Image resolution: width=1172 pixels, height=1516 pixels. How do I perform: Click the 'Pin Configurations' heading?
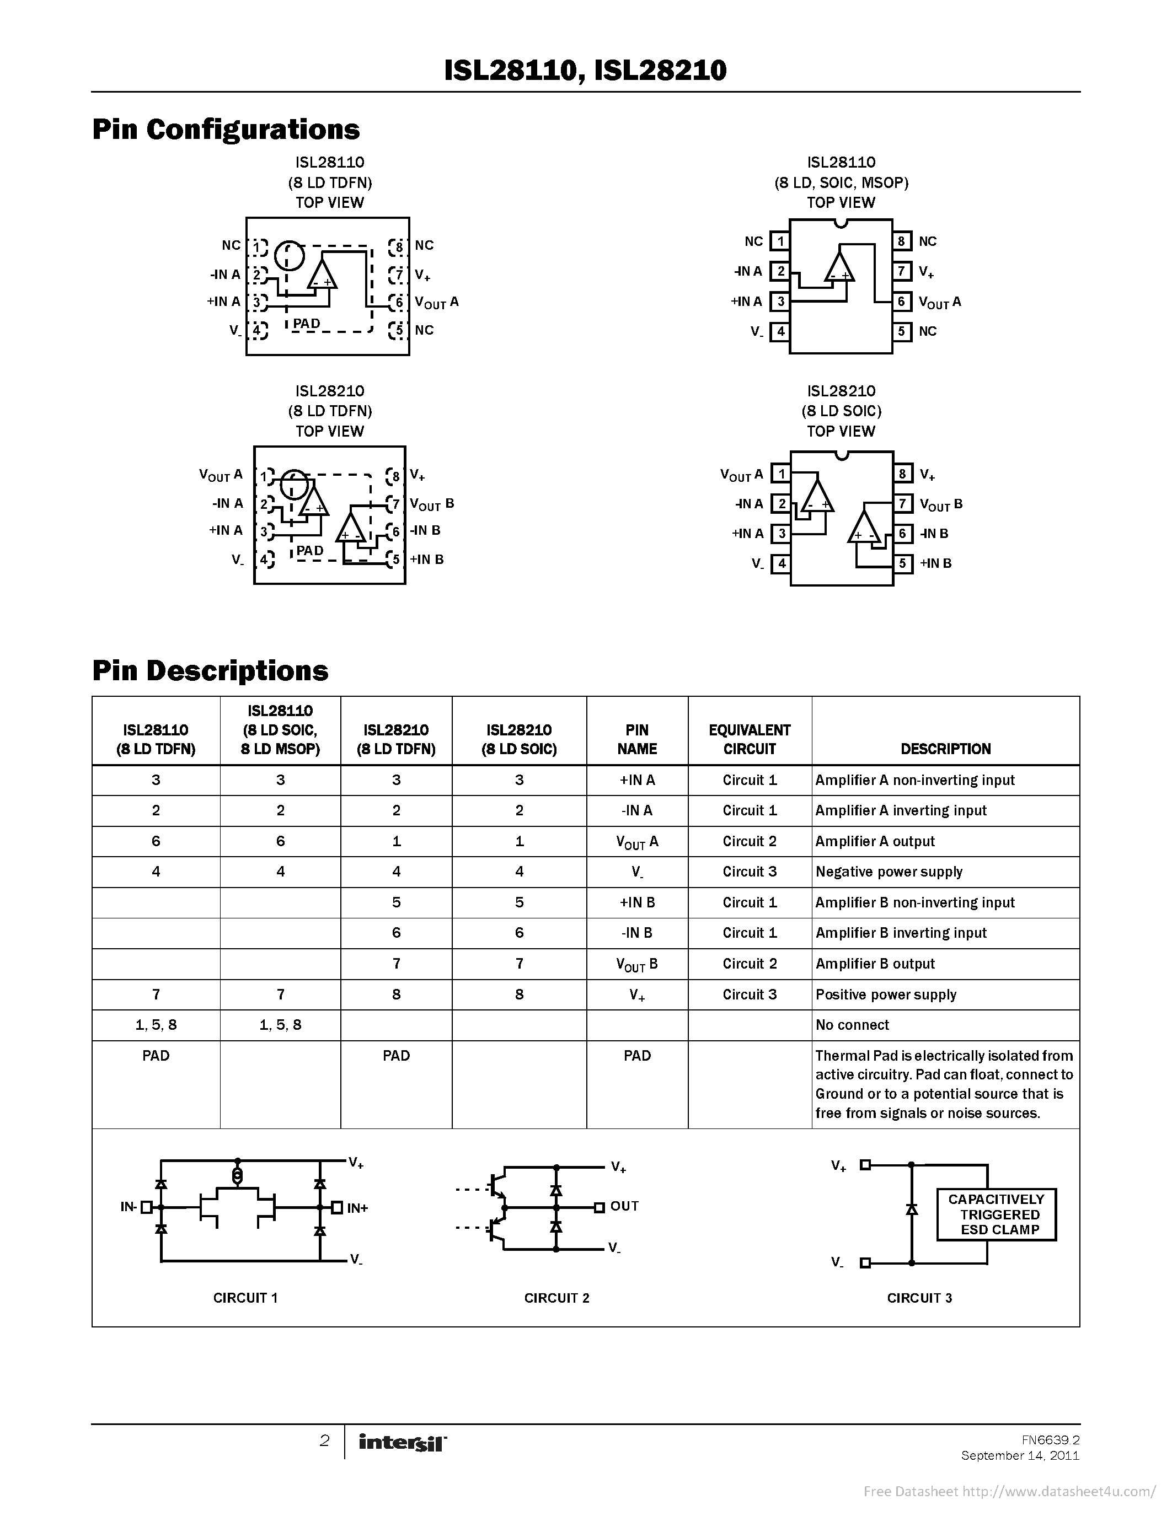coord(226,130)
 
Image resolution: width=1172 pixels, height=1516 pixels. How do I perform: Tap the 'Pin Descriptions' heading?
coord(210,670)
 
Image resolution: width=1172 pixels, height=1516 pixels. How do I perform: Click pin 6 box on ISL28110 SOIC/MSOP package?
coord(901,301)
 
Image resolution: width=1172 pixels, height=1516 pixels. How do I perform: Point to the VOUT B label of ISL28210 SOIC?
coord(941,504)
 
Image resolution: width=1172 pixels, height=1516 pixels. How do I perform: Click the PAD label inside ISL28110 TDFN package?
coord(306,324)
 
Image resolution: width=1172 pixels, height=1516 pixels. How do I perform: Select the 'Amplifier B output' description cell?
coord(875,964)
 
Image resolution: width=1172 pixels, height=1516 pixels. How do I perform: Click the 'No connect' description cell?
coord(852,1025)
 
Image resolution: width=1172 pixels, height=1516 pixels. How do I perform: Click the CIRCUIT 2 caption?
coord(556,1298)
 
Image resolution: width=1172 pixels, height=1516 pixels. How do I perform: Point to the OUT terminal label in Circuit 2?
coord(624,1206)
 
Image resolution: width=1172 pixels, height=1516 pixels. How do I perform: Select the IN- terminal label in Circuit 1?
coord(129,1207)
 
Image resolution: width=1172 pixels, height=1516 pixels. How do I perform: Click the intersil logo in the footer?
coord(402,1443)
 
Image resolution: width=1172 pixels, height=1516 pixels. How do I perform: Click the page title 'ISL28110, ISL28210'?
coord(585,70)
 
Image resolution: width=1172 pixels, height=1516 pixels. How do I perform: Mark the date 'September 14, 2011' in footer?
coord(1020,1455)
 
